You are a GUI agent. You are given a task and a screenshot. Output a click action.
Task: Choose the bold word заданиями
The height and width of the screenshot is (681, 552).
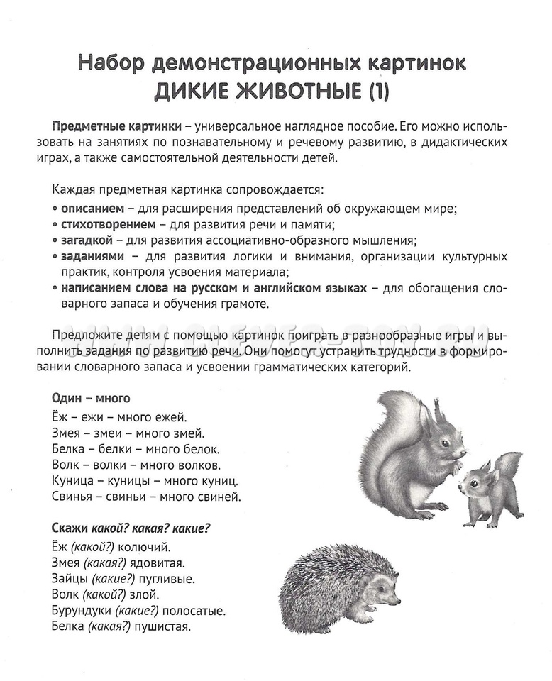pos(92,255)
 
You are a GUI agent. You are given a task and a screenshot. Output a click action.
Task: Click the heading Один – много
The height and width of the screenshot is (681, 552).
pos(91,398)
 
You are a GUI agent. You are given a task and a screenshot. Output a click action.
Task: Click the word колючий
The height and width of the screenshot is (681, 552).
pos(146,547)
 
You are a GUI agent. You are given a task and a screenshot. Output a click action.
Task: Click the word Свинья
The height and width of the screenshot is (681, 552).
pos(73,497)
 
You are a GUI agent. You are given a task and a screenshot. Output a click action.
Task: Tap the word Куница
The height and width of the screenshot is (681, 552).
pos(74,481)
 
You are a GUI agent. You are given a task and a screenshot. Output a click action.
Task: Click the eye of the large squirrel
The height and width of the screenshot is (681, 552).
pos(445,443)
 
